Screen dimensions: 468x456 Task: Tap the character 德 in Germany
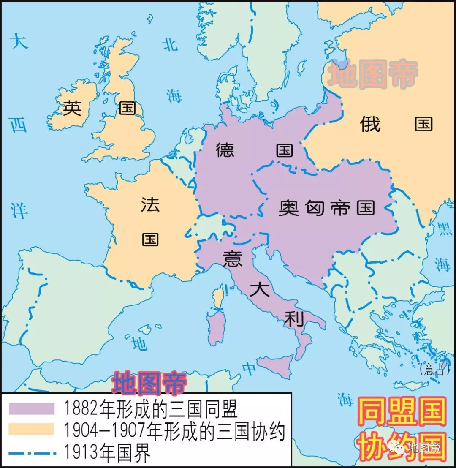point(225,150)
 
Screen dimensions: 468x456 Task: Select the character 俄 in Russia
point(371,124)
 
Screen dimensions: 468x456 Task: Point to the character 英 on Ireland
point(72,109)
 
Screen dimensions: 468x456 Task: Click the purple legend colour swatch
point(32,408)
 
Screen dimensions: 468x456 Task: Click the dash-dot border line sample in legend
point(32,452)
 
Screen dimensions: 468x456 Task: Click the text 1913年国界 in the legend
point(107,452)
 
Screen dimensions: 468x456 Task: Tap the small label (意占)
point(433,370)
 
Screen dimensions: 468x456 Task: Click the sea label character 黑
point(444,228)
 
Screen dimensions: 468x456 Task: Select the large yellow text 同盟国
point(402,411)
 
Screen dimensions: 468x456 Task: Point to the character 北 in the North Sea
point(171,44)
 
